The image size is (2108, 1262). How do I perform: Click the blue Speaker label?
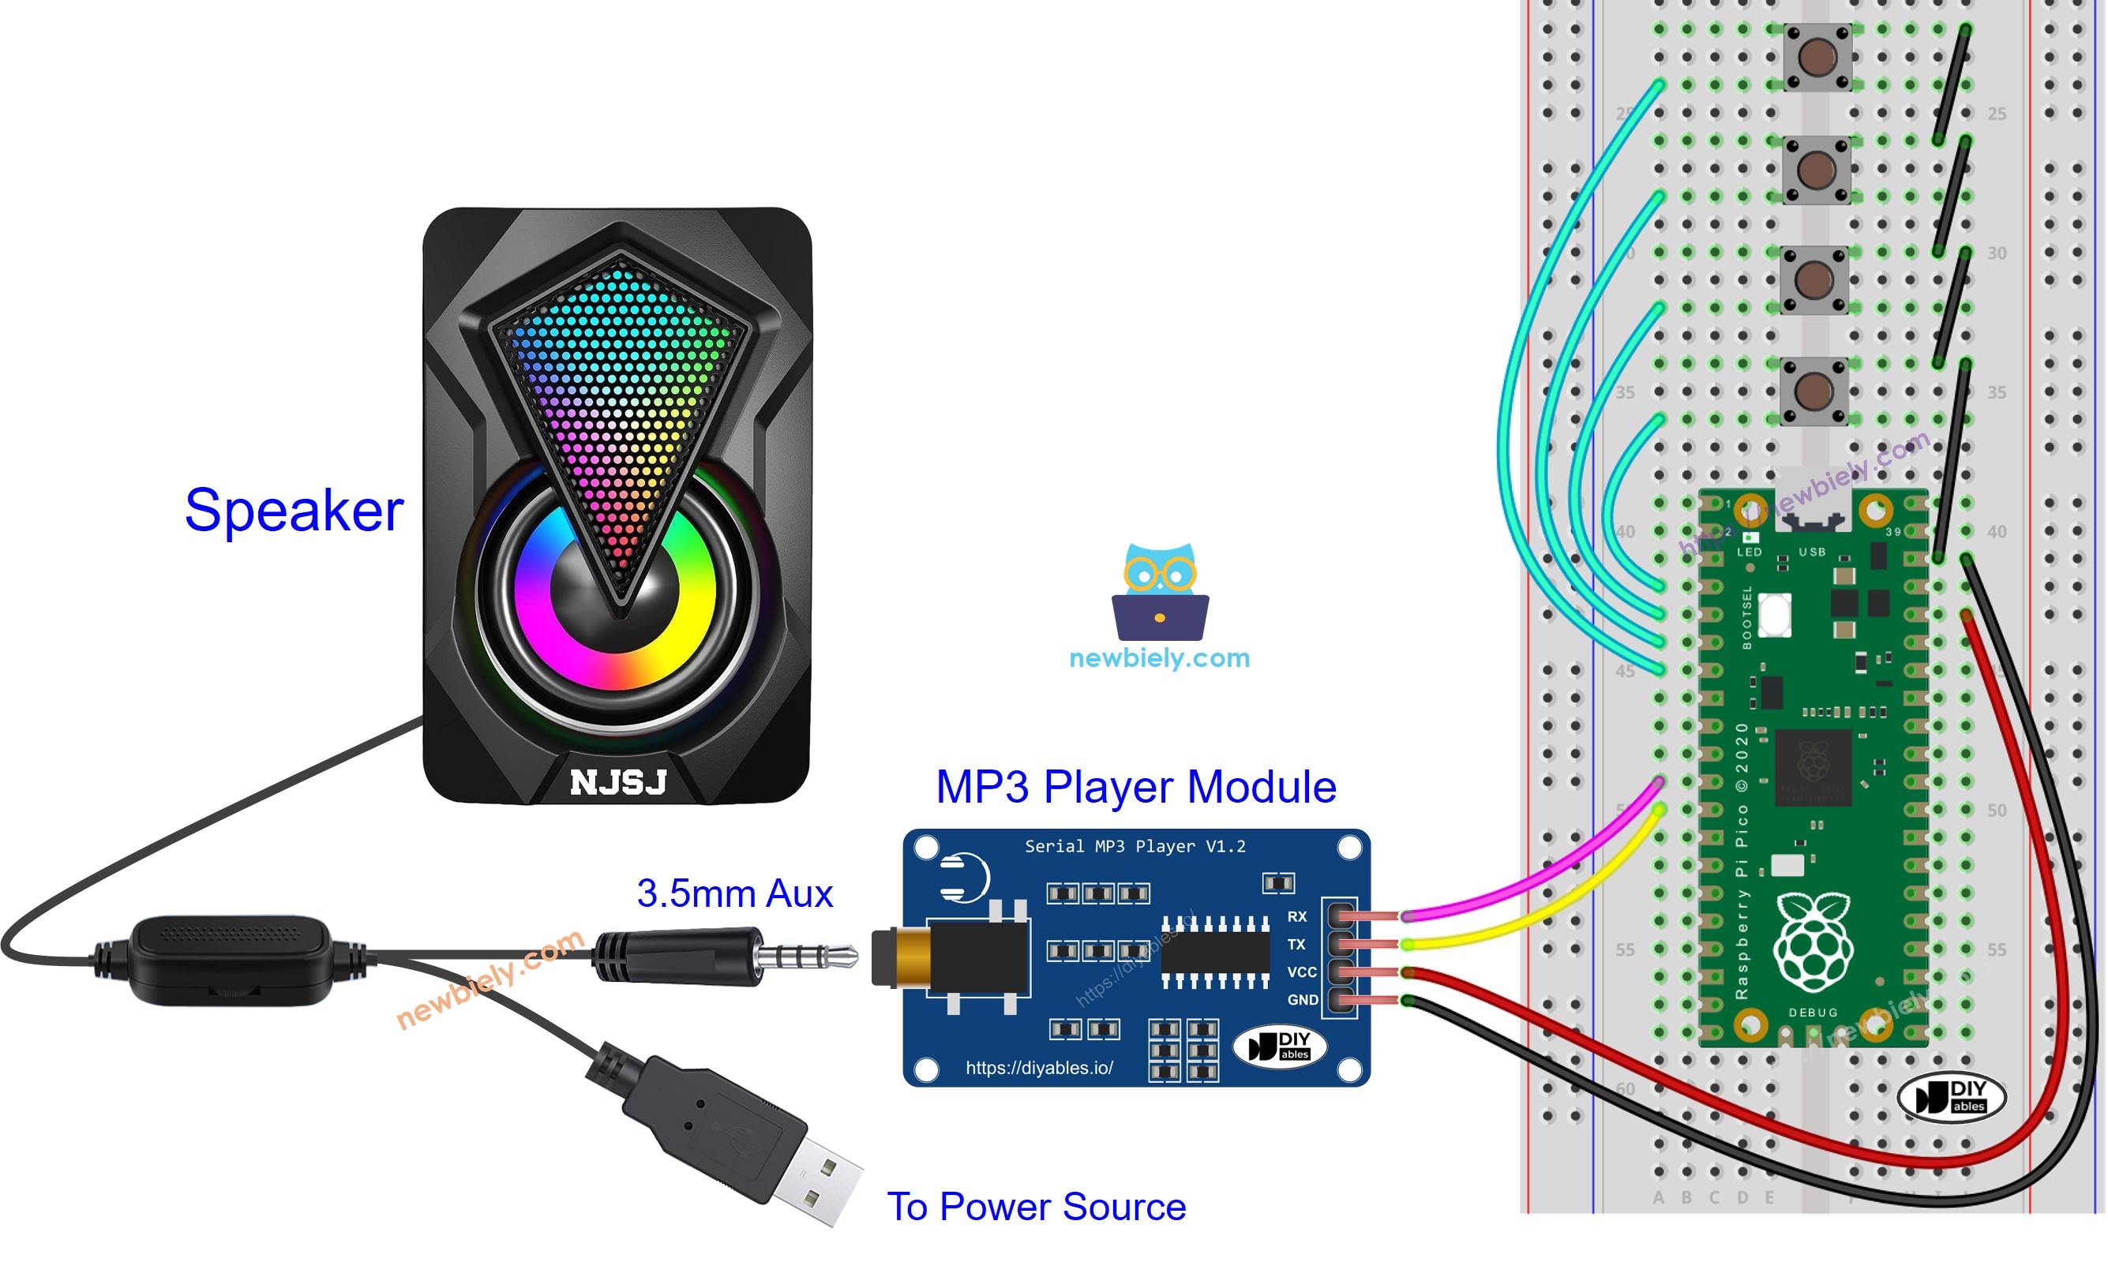pyautogui.click(x=294, y=511)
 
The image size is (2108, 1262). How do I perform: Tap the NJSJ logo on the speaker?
pyautogui.click(x=618, y=782)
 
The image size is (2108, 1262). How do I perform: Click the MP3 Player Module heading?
pyautogui.click(x=1135, y=787)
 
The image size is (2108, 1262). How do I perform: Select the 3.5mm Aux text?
pyautogui.click(x=734, y=893)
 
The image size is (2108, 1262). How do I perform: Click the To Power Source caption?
pyautogui.click(x=1035, y=1207)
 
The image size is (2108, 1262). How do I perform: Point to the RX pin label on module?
pyautogui.click(x=1296, y=917)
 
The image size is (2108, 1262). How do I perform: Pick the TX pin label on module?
pyautogui.click(x=1296, y=945)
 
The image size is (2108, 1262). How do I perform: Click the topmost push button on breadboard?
pyautogui.click(x=1816, y=57)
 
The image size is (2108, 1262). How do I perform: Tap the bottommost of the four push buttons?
pyautogui.click(x=1814, y=391)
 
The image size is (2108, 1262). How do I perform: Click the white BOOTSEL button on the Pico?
pyautogui.click(x=1774, y=615)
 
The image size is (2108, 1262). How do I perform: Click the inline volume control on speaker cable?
pyautogui.click(x=230, y=960)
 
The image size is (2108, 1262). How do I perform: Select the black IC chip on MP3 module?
pyautogui.click(x=1215, y=953)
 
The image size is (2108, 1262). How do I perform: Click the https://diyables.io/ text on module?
pyautogui.click(x=1039, y=1068)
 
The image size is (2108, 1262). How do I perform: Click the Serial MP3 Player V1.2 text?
pyautogui.click(x=1134, y=847)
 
